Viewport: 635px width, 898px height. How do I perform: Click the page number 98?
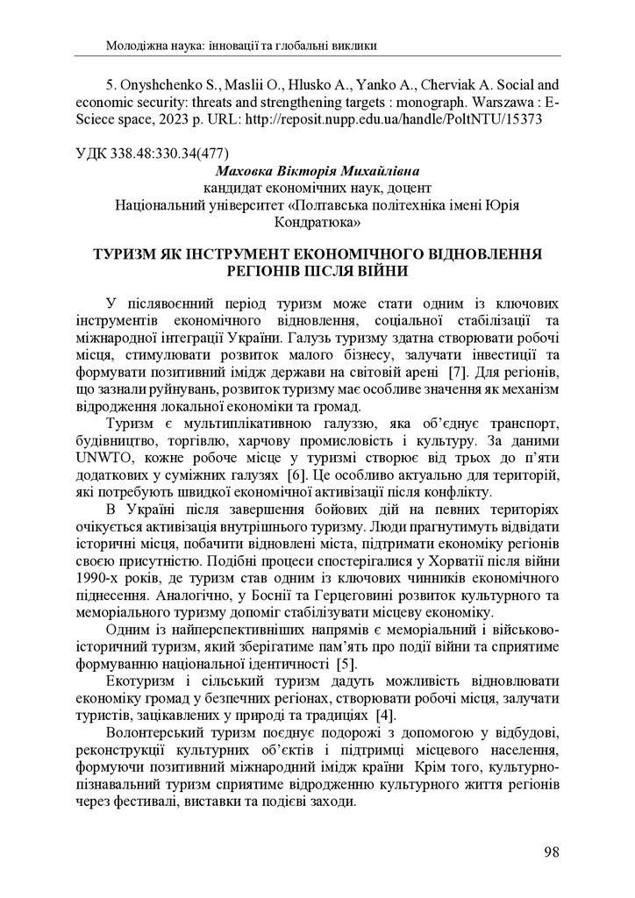click(x=551, y=851)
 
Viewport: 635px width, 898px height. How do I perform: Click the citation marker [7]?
click(x=456, y=372)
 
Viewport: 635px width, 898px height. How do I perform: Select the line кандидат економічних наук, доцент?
click(x=317, y=188)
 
